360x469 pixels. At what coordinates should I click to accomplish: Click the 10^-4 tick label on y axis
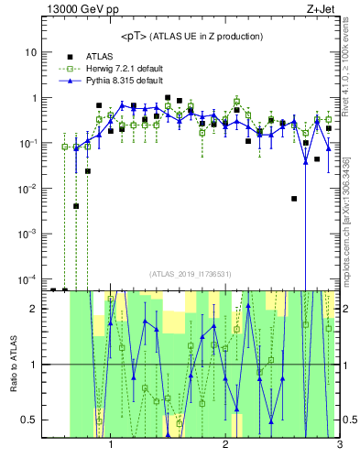point(27,278)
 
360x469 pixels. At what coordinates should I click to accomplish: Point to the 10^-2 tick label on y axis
point(27,188)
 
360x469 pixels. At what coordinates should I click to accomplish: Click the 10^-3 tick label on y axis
point(27,234)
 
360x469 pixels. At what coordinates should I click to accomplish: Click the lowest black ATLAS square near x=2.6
point(294,199)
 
